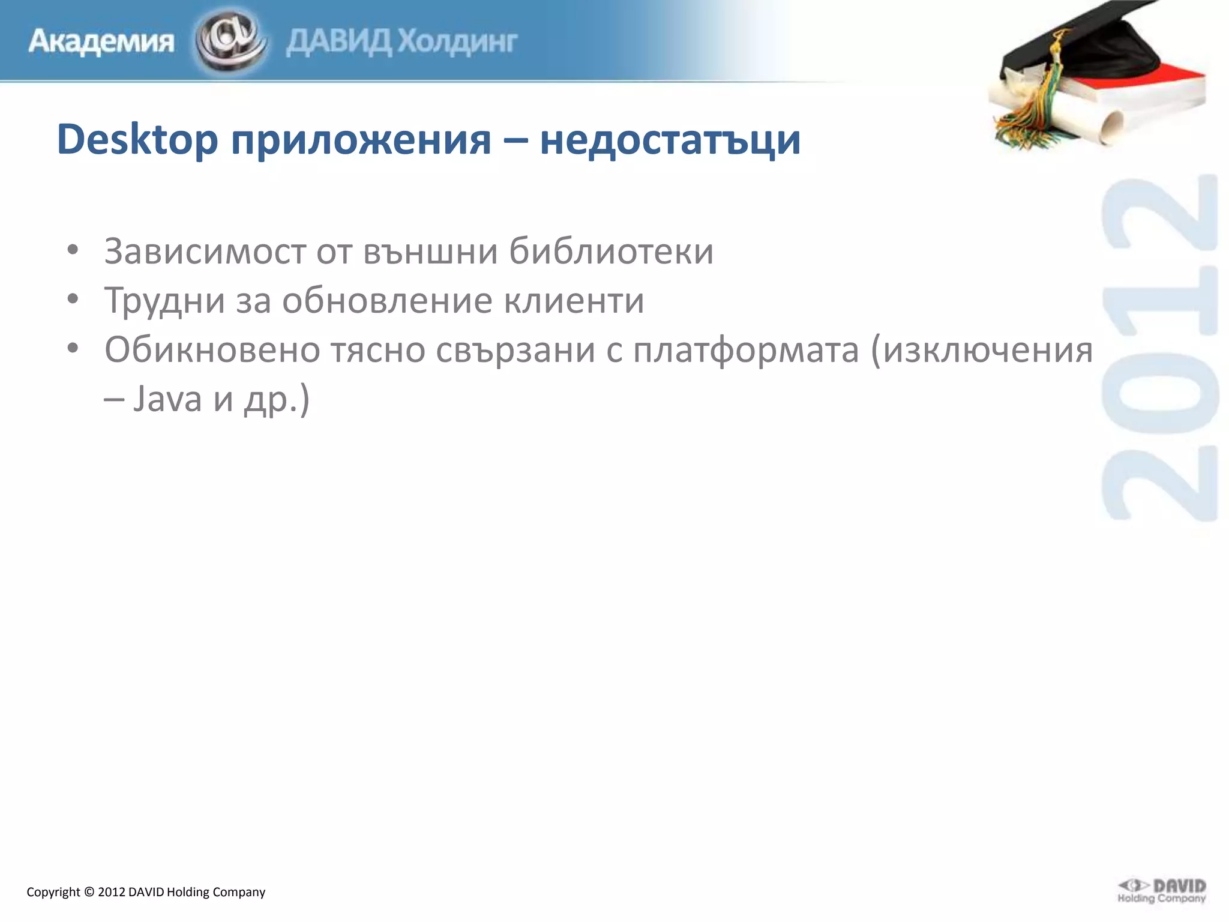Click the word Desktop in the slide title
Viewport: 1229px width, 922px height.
(137, 140)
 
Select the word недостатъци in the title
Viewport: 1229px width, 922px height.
(670, 140)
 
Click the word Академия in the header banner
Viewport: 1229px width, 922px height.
(101, 42)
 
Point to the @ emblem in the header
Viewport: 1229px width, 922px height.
(229, 40)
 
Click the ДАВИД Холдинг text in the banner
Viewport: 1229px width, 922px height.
(401, 42)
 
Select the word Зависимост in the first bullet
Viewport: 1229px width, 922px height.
(205, 251)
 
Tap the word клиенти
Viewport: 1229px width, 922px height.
(574, 300)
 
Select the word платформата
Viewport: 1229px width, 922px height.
(746, 351)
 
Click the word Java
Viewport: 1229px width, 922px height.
(167, 399)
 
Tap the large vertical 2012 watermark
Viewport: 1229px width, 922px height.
(1159, 348)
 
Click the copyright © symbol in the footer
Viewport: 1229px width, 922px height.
(89, 892)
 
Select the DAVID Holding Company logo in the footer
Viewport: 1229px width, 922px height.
(1161, 891)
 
